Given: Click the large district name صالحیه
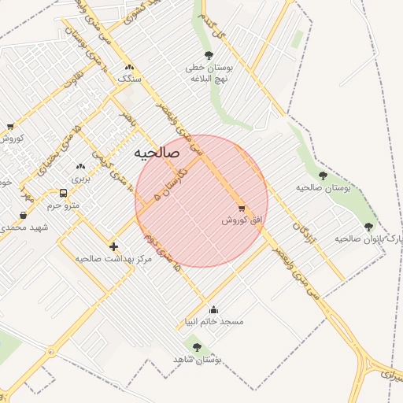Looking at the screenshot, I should (157, 153).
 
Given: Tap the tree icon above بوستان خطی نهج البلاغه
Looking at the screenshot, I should (209, 55).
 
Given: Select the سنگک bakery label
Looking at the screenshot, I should (128, 79).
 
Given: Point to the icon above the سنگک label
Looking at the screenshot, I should (128, 67).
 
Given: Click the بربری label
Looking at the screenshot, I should (81, 179).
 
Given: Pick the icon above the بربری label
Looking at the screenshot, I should (80, 167).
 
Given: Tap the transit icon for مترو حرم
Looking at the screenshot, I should (63, 193).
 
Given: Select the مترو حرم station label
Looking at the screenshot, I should (64, 205).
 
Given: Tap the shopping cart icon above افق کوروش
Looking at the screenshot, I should (242, 209).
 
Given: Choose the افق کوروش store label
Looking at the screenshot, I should (241, 221).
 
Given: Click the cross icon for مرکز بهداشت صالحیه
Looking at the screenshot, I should (113, 246).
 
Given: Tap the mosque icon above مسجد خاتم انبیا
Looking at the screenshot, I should (214, 309).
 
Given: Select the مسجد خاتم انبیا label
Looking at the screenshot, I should (214, 321).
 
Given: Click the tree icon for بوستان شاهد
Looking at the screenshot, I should (197, 347).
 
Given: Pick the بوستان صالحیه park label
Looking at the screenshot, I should (323, 187).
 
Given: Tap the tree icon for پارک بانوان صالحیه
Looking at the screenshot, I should (368, 227).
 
